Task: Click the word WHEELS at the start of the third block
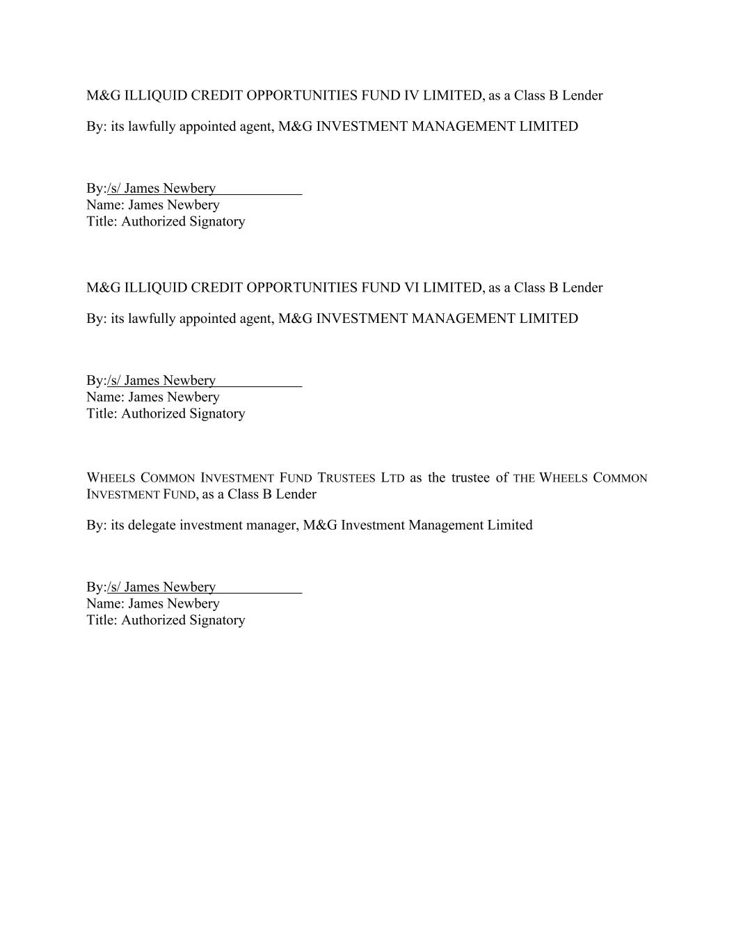tap(111, 478)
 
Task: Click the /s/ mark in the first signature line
tap(113, 188)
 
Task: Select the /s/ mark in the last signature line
tap(113, 587)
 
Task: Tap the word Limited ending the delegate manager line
tap(510, 525)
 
